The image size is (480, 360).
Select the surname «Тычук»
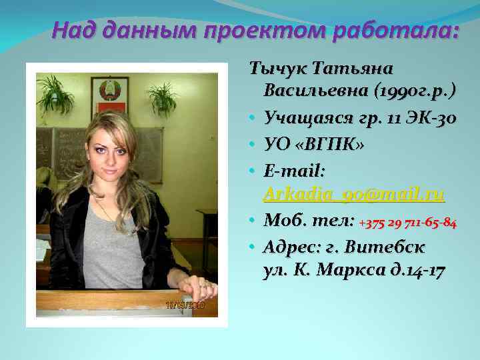(x=278, y=69)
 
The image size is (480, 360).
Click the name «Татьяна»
(x=353, y=69)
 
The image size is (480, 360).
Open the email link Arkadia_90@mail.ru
(x=354, y=195)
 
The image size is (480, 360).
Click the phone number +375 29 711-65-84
(x=407, y=223)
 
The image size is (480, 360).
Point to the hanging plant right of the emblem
(x=163, y=98)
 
